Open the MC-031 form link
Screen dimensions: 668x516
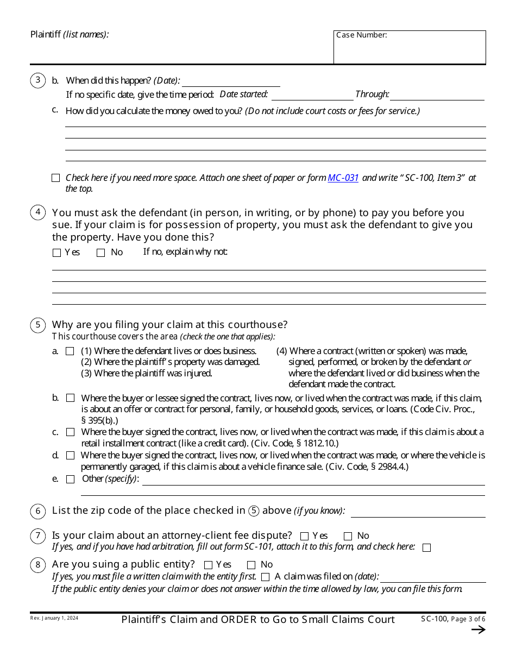343,178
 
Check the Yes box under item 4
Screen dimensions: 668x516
57,253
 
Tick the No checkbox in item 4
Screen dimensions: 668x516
100,253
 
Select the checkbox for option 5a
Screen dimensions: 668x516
70,351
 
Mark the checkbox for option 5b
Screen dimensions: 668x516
70,398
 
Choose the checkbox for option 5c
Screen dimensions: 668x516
70,432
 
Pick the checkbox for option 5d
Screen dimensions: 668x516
70,456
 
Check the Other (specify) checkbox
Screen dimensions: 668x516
70,479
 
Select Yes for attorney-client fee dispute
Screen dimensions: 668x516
304,536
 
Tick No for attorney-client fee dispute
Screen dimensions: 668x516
348,536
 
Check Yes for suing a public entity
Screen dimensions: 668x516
208,565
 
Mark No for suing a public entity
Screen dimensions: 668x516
251,565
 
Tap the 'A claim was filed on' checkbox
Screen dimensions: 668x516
265,577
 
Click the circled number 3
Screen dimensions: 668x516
37,80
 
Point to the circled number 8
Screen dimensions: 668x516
37,565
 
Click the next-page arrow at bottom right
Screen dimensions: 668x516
478,630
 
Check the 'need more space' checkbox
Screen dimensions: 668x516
55,178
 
